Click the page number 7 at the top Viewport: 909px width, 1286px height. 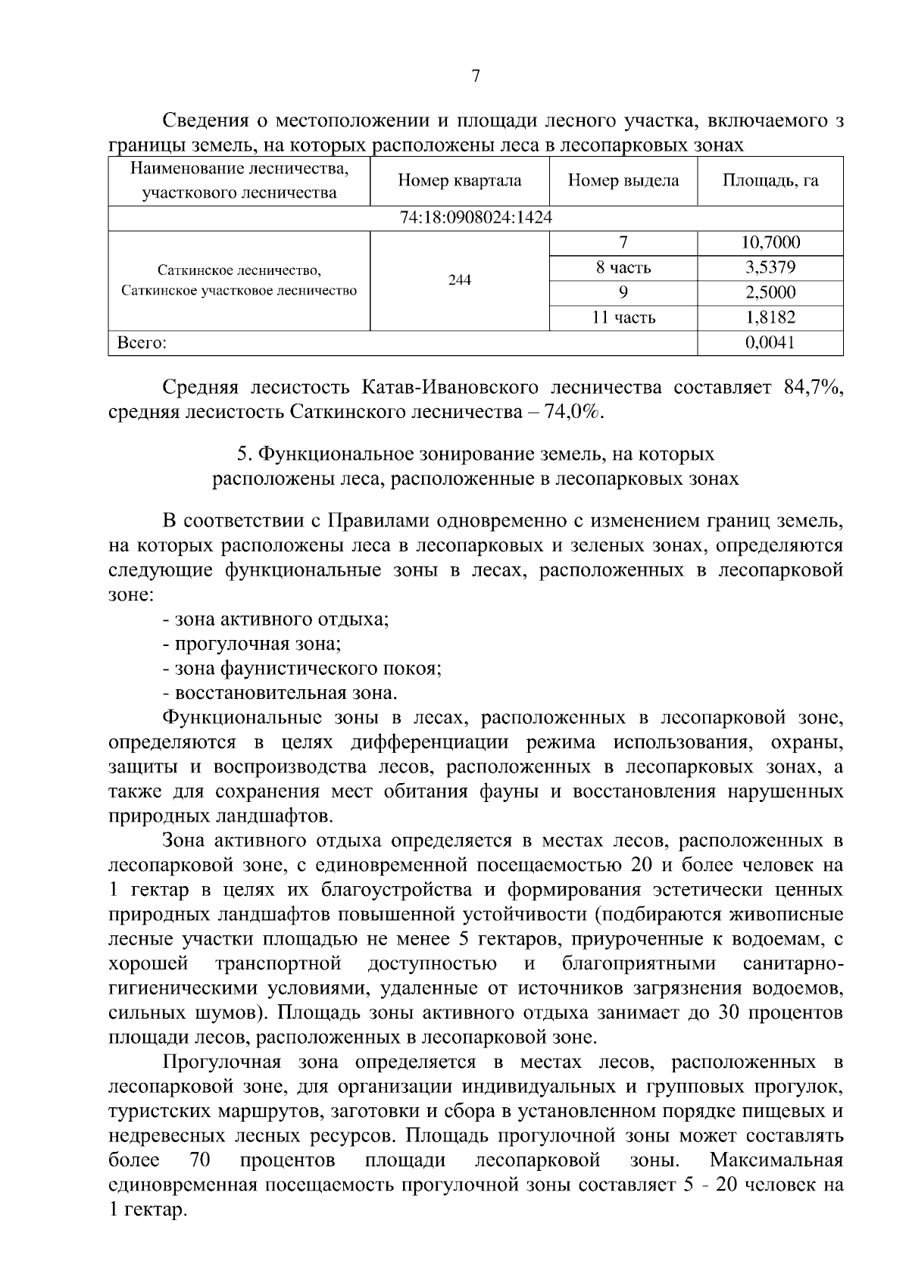(x=475, y=76)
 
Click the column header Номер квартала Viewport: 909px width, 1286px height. (x=459, y=181)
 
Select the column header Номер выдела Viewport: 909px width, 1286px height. (x=623, y=181)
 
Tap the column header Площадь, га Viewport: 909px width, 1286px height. (x=770, y=181)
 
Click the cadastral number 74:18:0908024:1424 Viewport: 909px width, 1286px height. (x=476, y=218)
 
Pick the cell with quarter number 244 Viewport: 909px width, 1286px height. (x=459, y=280)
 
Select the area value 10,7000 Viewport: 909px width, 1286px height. (x=770, y=243)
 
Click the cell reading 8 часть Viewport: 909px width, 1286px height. (x=623, y=268)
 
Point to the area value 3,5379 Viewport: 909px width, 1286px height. (x=770, y=268)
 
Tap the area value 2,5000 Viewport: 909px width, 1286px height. (x=770, y=293)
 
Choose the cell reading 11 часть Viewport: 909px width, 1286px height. (x=623, y=318)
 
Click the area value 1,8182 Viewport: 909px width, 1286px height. (x=770, y=318)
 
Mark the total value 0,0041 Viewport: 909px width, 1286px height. (x=770, y=343)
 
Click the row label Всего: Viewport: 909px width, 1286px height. (x=142, y=343)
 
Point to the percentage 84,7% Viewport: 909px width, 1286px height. (x=813, y=389)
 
